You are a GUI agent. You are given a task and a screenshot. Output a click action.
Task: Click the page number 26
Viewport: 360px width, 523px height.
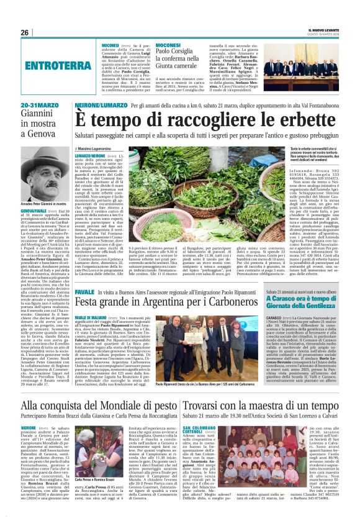(x=25, y=32)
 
